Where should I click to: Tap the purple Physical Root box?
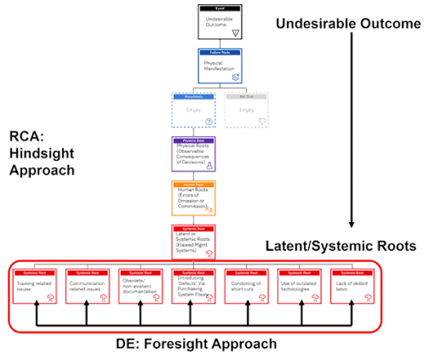pyautogui.click(x=193, y=156)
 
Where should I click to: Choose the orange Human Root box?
pyautogui.click(x=193, y=199)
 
